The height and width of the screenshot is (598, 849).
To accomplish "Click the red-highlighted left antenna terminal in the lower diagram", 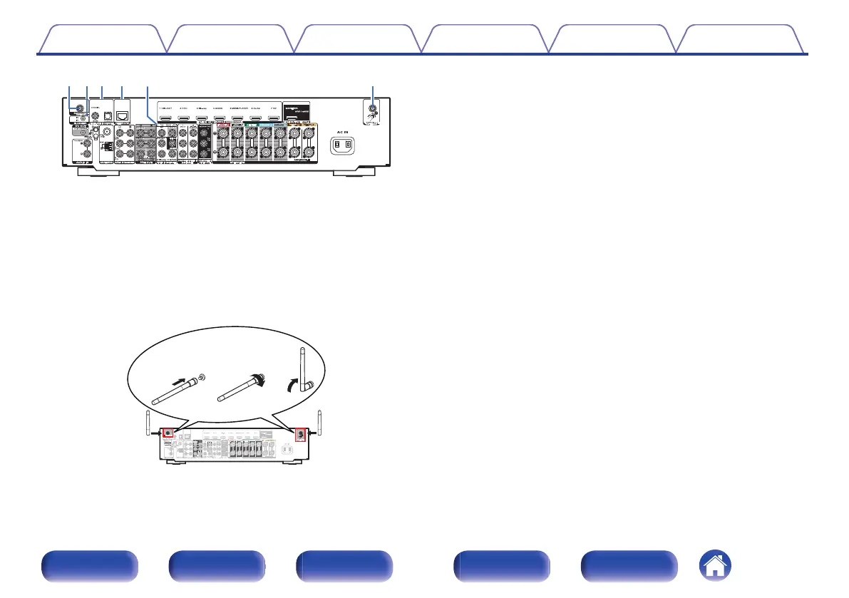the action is tap(168, 433).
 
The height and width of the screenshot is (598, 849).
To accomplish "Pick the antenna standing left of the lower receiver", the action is tap(148, 423).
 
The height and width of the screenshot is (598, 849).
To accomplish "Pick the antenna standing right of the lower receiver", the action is tap(320, 422).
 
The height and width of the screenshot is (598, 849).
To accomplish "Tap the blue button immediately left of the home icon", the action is tap(628, 567).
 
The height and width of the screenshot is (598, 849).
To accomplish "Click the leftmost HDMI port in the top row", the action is tap(167, 117).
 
